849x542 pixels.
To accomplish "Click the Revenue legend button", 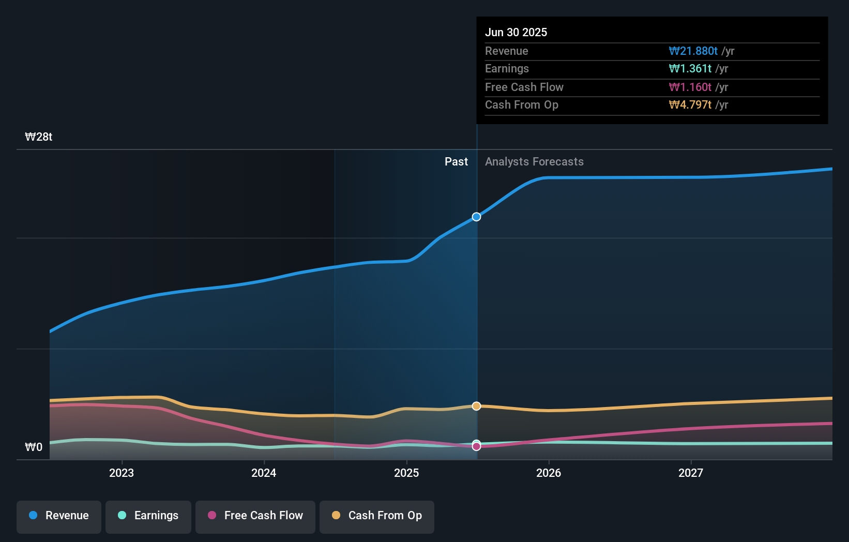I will pyautogui.click(x=59, y=516).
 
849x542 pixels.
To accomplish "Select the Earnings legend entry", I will pyautogui.click(x=148, y=516).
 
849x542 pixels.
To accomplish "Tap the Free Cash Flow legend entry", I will pyautogui.click(x=255, y=516).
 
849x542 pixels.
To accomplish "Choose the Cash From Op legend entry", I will pyautogui.click(x=377, y=516).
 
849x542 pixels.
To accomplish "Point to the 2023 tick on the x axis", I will pyautogui.click(x=122, y=473).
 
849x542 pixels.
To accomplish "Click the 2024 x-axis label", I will pyautogui.click(x=264, y=473).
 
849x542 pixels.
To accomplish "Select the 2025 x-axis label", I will pyautogui.click(x=406, y=473).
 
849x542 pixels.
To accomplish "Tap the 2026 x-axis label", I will pyautogui.click(x=549, y=473).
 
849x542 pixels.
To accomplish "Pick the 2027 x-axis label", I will pyautogui.click(x=691, y=473).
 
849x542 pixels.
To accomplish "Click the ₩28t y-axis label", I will pyautogui.click(x=39, y=137).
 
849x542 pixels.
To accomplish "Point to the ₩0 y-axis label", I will pyautogui.click(x=34, y=447).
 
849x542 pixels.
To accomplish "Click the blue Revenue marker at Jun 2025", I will pyautogui.click(x=476, y=217).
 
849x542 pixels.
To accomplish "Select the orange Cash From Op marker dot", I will pyautogui.click(x=476, y=406).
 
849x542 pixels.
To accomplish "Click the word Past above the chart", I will pyautogui.click(x=456, y=162).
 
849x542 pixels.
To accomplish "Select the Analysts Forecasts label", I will pyautogui.click(x=534, y=162).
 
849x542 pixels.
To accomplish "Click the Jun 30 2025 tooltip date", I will pyautogui.click(x=516, y=32).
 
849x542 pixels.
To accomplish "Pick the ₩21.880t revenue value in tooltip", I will pyautogui.click(x=693, y=51).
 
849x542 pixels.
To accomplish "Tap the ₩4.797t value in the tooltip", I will pyautogui.click(x=690, y=105).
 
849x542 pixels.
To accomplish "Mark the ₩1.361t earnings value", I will pyautogui.click(x=690, y=69).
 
